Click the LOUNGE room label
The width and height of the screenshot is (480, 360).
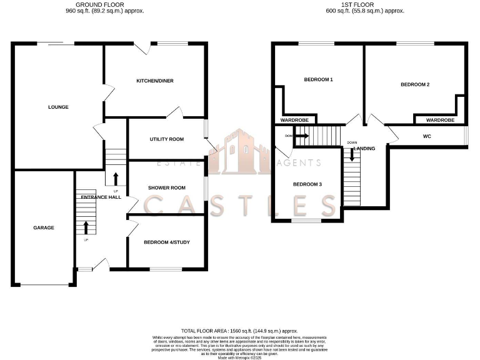(x=58, y=107)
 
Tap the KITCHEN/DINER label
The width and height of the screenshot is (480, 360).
(x=156, y=81)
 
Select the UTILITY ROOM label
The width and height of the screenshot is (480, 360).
(x=166, y=139)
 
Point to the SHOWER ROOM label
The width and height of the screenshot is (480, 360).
(x=166, y=187)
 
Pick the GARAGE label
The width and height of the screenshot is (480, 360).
(x=44, y=227)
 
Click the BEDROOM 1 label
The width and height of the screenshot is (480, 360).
(x=318, y=79)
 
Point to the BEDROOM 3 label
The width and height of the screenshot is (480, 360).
(x=307, y=184)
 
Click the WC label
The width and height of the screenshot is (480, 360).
(x=427, y=136)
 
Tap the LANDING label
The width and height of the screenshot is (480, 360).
(x=364, y=149)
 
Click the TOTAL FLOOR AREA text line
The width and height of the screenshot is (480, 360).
(x=239, y=331)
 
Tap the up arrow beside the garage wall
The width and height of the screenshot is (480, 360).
(x=86, y=227)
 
